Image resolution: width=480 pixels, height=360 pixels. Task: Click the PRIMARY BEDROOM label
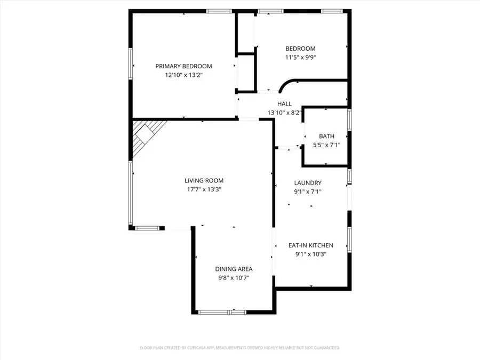(x=183, y=66)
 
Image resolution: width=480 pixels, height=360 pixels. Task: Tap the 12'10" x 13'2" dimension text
(x=183, y=76)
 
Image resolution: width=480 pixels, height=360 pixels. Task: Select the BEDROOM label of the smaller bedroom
(x=300, y=49)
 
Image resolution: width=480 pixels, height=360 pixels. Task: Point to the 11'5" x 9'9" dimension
(x=300, y=58)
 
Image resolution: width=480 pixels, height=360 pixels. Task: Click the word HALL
(x=284, y=104)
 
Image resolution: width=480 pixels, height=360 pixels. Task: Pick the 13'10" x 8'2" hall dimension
(x=284, y=113)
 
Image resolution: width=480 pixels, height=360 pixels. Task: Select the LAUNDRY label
(x=308, y=183)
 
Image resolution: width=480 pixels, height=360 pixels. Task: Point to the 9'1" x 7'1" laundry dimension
(x=308, y=192)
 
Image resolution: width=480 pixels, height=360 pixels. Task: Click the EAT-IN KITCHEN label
(x=310, y=245)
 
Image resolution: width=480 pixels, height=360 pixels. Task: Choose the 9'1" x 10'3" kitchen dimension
(x=310, y=254)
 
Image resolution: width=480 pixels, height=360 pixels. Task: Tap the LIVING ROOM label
(x=204, y=180)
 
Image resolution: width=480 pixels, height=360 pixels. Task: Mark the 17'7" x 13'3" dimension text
(x=204, y=189)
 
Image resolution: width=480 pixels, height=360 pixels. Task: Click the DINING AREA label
(x=234, y=269)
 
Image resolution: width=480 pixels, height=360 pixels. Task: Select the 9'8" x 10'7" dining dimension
(x=234, y=278)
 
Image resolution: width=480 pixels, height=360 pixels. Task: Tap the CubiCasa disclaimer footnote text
(x=239, y=348)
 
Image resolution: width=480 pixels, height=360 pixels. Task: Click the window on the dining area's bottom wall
(x=220, y=311)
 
